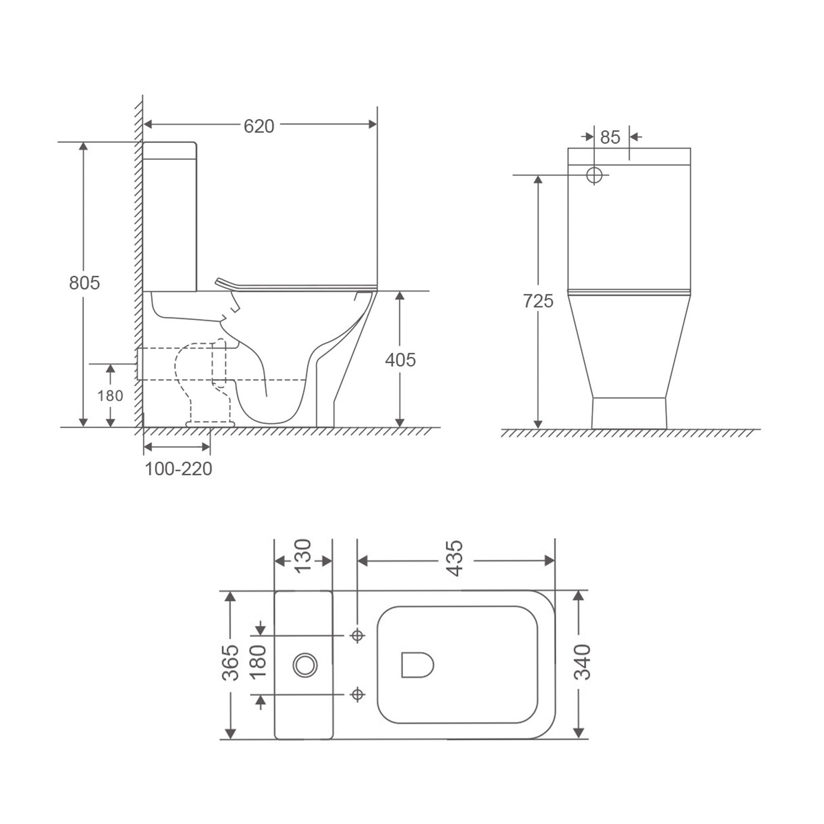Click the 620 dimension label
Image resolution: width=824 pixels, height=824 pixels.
pos(258,126)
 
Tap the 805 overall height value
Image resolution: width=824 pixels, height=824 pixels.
pos(84,283)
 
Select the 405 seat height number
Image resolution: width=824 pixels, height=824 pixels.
pos(400,360)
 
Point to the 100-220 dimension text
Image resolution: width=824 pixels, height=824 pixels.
pos(178,469)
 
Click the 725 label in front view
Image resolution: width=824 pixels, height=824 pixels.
pos(538,301)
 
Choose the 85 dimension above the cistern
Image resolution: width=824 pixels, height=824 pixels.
pos(610,137)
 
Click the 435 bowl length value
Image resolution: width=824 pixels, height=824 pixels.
pos(456,558)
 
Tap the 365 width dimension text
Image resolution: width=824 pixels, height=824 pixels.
pos(231,662)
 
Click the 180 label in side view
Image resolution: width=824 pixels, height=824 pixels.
pos(110,396)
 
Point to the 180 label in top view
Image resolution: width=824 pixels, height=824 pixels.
pos(258,662)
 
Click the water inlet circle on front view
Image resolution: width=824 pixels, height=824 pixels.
pos(594,175)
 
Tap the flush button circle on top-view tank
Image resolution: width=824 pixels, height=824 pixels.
pos(305,665)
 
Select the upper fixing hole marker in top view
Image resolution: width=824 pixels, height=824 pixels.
pos(357,635)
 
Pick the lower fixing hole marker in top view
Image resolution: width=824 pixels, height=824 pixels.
pos(357,694)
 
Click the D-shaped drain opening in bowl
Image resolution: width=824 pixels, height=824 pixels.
pos(417,665)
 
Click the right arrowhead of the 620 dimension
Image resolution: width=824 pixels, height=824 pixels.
pos(372,124)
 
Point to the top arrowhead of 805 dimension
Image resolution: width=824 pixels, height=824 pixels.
pos(84,146)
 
